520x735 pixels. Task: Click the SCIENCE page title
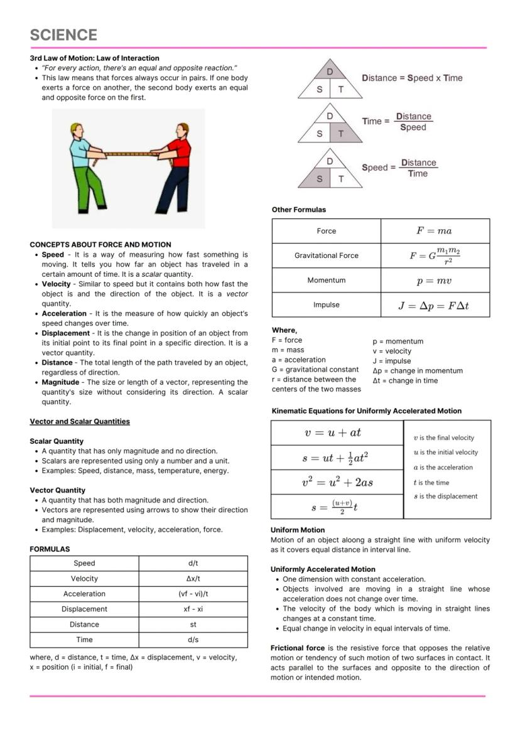tap(63, 35)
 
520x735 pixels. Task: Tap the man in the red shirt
tap(176, 166)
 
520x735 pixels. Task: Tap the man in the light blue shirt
tap(84, 166)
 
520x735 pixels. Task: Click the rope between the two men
tap(131, 153)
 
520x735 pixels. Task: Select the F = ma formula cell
tap(434, 231)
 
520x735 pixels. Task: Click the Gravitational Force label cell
tap(326, 255)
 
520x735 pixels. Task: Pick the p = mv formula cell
tap(434, 281)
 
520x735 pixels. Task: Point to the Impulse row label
tap(326, 305)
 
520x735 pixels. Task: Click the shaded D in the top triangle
tap(330, 72)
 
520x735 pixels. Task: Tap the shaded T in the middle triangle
tap(341, 134)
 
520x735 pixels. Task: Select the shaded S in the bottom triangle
tap(319, 180)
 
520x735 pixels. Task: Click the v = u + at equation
tap(337, 433)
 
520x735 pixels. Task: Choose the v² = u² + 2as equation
tap(337, 482)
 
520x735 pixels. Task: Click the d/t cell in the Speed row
tap(193, 563)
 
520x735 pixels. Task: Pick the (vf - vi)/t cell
tap(193, 594)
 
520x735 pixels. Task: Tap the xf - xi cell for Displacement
tap(193, 609)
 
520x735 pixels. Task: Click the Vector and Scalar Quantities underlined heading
tap(80, 421)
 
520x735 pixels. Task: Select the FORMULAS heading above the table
tap(50, 549)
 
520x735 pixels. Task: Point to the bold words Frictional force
tap(297, 648)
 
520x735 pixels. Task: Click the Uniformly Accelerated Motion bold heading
tap(323, 569)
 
